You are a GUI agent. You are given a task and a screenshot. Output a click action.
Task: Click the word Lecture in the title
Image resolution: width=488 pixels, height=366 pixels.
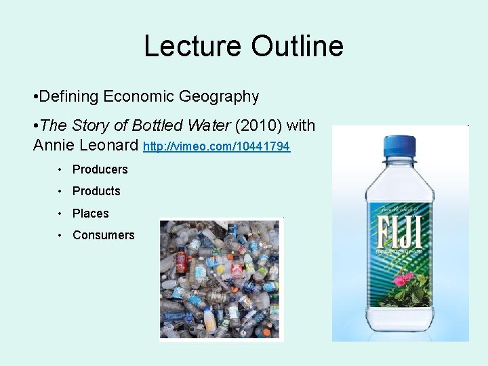pyautogui.click(x=192, y=46)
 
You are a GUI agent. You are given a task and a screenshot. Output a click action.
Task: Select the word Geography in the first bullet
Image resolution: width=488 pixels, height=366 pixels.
pyautogui.click(x=219, y=97)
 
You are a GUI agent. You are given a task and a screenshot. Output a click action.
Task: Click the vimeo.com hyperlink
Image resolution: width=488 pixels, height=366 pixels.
pyautogui.click(x=217, y=146)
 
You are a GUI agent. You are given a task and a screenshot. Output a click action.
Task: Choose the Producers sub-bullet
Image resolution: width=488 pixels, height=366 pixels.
pyautogui.click(x=100, y=169)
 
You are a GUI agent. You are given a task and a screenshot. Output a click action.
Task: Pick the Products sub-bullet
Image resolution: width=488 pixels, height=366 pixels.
pyautogui.click(x=96, y=191)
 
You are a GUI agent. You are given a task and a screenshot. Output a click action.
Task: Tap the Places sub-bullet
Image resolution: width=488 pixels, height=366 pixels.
pyautogui.click(x=90, y=213)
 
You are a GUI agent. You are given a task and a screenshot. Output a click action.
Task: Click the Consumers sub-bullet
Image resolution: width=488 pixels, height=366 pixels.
pyautogui.click(x=103, y=235)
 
